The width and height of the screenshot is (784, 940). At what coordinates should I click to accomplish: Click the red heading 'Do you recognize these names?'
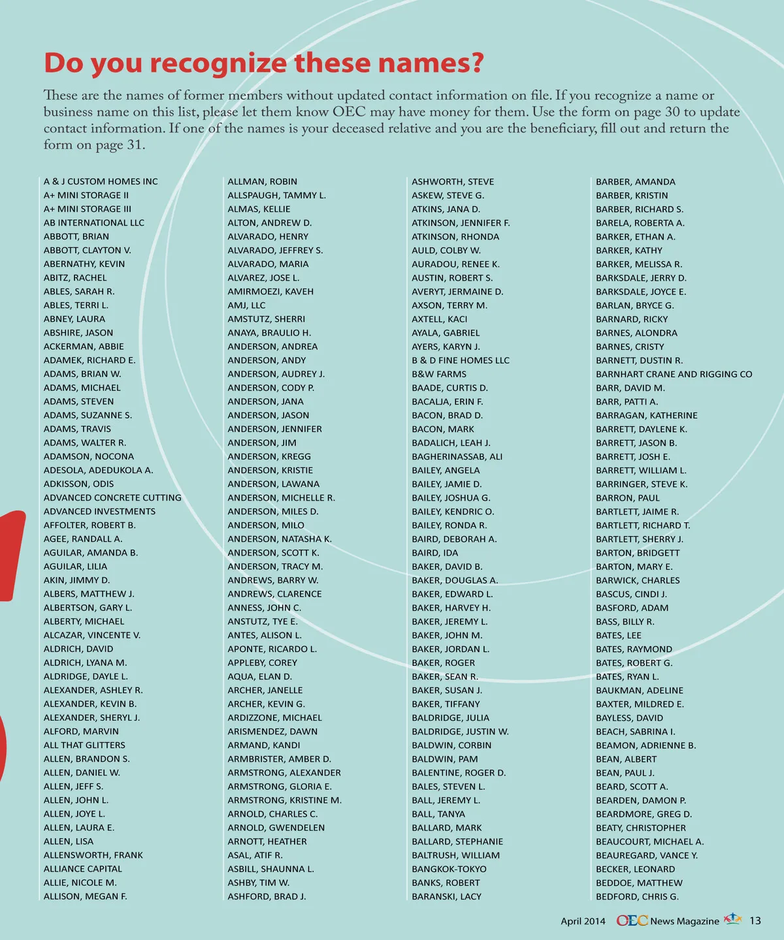pyautogui.click(x=264, y=63)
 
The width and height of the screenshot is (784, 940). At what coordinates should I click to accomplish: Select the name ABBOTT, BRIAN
pyautogui.click(x=76, y=236)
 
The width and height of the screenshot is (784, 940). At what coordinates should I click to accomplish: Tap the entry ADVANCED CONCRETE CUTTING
pyautogui.click(x=112, y=497)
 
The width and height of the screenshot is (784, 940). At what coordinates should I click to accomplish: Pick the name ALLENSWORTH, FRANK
pyautogui.click(x=93, y=855)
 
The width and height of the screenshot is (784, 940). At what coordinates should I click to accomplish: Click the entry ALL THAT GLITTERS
pyautogui.click(x=84, y=745)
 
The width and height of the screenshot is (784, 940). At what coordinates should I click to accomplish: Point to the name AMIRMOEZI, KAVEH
pyautogui.click(x=270, y=291)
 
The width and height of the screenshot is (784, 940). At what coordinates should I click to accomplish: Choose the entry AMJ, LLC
pyautogui.click(x=246, y=305)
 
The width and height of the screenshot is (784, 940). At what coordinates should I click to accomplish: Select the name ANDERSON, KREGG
pyautogui.click(x=269, y=456)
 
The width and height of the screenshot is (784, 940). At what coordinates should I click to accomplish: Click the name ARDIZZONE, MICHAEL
pyautogui.click(x=274, y=717)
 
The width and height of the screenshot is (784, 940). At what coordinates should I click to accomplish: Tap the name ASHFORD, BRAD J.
pyautogui.click(x=267, y=896)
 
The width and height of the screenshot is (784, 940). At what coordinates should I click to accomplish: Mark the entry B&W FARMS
pyautogui.click(x=439, y=374)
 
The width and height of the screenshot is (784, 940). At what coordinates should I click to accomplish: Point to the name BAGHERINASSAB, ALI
pyautogui.click(x=457, y=456)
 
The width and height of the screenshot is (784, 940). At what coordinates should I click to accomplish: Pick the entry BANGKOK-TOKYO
pyautogui.click(x=449, y=869)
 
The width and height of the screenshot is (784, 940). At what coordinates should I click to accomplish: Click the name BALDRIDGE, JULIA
pyautogui.click(x=450, y=717)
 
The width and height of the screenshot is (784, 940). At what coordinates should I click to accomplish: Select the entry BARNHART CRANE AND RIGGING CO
pyautogui.click(x=674, y=374)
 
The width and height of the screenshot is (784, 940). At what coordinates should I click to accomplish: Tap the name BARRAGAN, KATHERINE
pyautogui.click(x=646, y=415)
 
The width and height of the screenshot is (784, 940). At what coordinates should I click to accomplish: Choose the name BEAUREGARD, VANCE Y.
pyautogui.click(x=647, y=855)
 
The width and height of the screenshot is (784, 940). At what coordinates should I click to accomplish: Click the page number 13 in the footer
pyautogui.click(x=755, y=921)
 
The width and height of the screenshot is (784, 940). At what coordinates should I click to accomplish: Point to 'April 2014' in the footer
pyautogui.click(x=583, y=921)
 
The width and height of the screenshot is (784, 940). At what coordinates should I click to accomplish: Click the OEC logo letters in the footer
pyautogui.click(x=632, y=920)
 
